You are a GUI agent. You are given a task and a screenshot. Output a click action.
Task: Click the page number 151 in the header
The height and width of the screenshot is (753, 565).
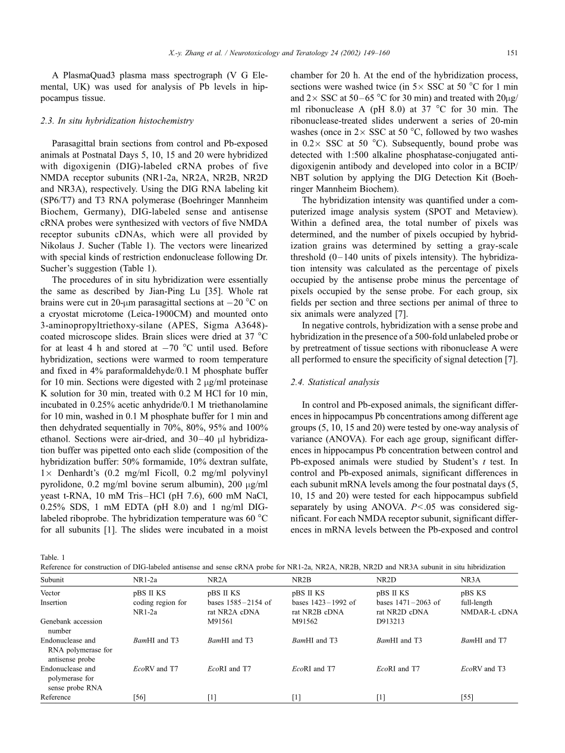coord(511,53)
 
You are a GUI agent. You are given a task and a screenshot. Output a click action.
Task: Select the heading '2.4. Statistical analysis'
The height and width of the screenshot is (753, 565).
coord(335,382)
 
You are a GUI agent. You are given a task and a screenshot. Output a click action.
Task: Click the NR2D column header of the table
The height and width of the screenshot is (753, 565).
coord(388,579)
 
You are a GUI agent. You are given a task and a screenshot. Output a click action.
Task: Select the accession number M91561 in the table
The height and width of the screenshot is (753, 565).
coord(220,621)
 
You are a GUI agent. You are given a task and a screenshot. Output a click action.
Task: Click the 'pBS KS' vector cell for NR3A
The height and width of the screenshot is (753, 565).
coord(473,593)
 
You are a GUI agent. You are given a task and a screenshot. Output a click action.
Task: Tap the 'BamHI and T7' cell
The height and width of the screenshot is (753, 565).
coord(483,640)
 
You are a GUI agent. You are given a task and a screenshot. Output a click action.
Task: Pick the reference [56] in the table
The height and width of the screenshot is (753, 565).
coord(139,697)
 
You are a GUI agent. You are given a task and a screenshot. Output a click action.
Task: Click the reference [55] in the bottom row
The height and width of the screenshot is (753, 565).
coord(467,697)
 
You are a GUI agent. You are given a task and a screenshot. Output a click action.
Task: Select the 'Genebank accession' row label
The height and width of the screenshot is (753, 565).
coord(71,621)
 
